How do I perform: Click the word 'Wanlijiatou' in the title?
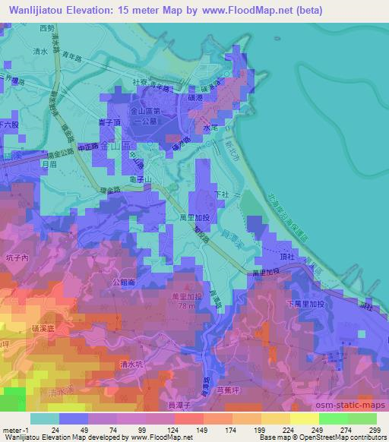34,10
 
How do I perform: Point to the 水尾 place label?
210,130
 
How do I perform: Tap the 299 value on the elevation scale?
376,430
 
